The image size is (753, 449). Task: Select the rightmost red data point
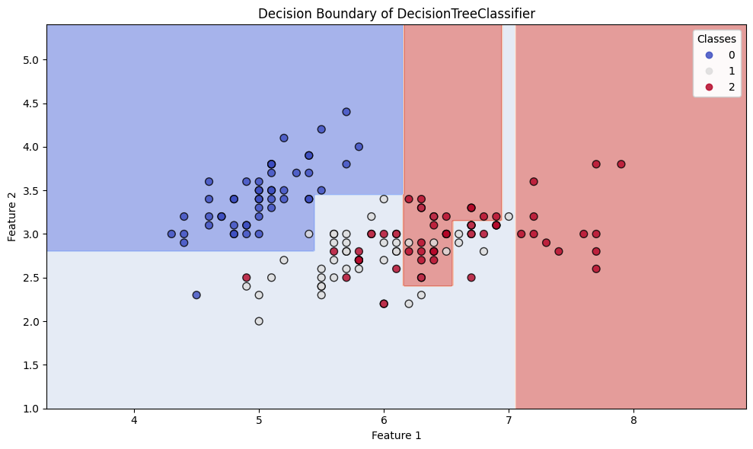point(621,164)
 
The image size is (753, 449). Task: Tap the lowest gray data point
point(259,321)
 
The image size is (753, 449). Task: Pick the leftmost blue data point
point(171,234)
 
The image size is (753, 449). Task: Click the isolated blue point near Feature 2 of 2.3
point(196,295)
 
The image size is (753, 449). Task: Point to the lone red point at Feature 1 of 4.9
point(246,278)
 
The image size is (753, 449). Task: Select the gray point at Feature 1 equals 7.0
point(509,216)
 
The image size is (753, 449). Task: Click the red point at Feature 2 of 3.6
point(534,181)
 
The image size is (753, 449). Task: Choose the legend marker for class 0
point(709,55)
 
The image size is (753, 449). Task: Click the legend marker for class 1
point(709,71)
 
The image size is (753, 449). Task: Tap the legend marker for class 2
point(709,87)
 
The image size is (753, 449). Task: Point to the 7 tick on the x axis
point(509,409)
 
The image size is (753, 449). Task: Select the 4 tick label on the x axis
point(134,420)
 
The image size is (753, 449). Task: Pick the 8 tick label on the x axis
point(633,420)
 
